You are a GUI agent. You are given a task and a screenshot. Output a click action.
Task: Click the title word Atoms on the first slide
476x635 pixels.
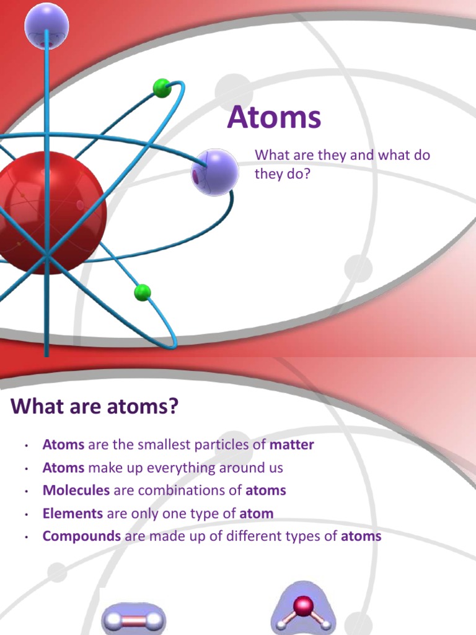point(274,117)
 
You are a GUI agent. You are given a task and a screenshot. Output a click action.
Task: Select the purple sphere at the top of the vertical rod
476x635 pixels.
point(46,25)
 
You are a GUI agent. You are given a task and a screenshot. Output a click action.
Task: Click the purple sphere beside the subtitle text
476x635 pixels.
point(214,172)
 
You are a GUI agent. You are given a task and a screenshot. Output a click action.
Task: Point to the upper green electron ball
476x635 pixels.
point(162,88)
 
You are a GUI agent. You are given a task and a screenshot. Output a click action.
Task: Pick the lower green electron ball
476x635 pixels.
point(143,292)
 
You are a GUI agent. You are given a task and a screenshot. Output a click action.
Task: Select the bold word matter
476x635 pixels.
point(292,445)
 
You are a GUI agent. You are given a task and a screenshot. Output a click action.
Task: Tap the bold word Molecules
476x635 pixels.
point(76,490)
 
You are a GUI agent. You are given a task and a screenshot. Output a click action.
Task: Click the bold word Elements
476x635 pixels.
point(73,513)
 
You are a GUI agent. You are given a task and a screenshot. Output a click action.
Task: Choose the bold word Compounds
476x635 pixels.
point(81,536)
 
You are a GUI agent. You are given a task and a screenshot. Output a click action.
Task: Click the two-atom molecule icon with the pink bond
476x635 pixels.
point(134,619)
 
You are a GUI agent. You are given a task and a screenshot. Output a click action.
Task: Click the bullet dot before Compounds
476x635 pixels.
point(27,537)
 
